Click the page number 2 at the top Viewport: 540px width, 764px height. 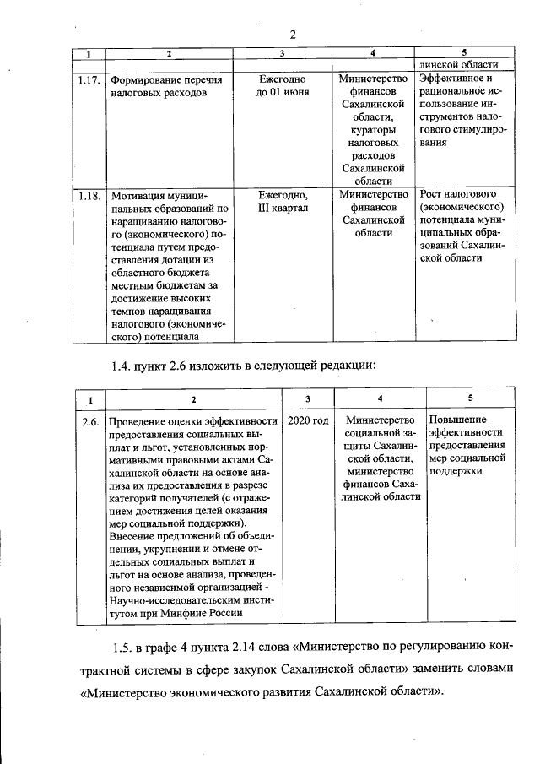tap(292, 35)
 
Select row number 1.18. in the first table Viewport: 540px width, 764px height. tap(89, 195)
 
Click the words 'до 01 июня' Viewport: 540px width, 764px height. tap(282, 92)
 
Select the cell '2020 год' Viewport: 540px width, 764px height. tap(308, 420)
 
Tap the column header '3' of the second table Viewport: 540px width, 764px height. tap(307, 398)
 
